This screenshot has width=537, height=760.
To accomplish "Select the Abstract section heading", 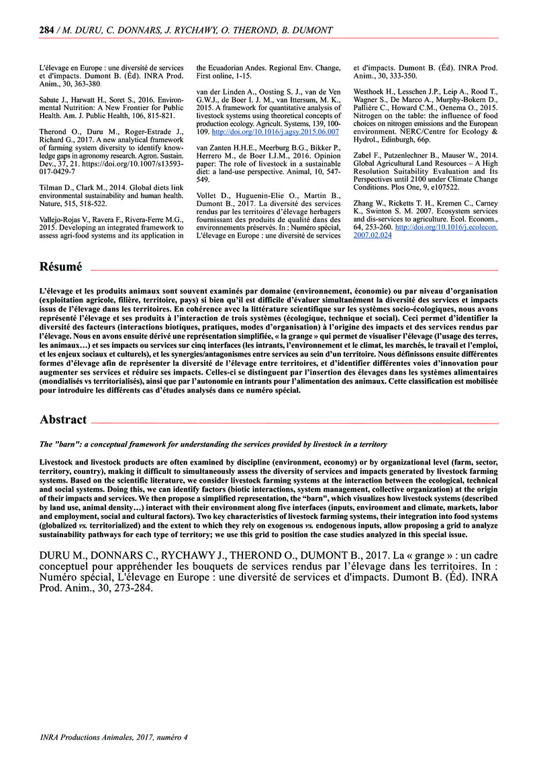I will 63,420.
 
